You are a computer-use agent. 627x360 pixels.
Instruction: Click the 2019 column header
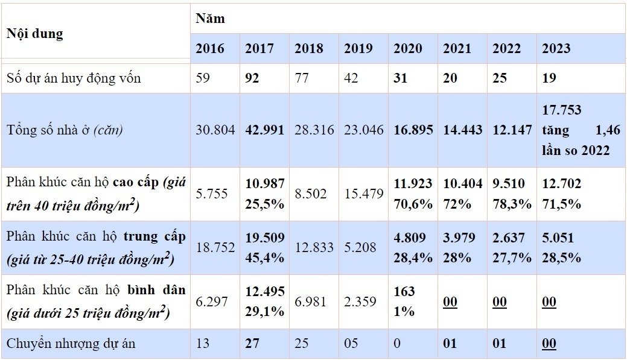(x=359, y=48)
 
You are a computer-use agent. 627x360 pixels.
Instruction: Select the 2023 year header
(x=556, y=48)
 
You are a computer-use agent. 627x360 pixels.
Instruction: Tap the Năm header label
(x=210, y=18)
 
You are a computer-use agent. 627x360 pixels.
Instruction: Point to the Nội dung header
(x=34, y=33)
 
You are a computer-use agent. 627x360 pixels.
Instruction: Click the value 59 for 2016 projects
(x=203, y=78)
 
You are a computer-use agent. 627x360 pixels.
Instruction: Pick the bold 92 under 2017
(x=253, y=78)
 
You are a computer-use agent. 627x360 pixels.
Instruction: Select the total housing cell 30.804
(x=215, y=130)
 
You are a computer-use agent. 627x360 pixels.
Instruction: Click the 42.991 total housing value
(x=264, y=130)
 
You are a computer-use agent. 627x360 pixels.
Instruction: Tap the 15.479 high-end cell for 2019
(x=363, y=194)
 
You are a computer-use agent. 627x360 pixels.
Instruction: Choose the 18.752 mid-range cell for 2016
(x=215, y=247)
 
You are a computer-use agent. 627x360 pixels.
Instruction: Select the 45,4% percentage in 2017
(x=264, y=257)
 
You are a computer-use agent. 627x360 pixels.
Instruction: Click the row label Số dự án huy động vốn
(x=74, y=78)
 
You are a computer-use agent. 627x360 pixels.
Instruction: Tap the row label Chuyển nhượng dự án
(x=71, y=344)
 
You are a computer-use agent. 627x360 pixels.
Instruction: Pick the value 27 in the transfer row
(x=253, y=344)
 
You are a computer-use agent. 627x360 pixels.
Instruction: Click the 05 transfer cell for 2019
(x=351, y=344)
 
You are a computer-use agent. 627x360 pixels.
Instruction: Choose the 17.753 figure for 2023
(x=562, y=110)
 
